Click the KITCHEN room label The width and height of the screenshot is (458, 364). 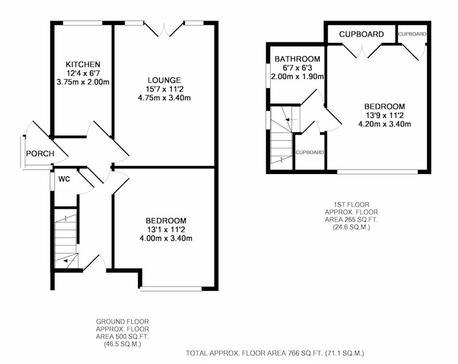click(83, 64)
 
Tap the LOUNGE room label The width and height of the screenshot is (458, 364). click(164, 80)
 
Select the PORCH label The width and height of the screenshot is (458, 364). click(40, 153)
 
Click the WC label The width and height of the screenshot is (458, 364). click(64, 179)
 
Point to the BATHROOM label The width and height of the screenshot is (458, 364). click(297, 59)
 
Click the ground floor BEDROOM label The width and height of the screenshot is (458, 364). click(166, 221)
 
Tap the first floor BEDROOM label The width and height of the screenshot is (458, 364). click(384, 106)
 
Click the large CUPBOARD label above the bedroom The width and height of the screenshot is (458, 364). click(361, 34)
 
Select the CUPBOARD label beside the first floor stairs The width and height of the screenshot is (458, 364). click(310, 152)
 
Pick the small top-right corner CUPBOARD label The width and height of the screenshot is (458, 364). click(412, 34)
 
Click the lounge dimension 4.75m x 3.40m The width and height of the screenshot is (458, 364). click(164, 98)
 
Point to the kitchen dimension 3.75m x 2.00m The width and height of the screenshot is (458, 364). click(83, 82)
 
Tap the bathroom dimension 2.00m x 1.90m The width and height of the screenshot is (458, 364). click(297, 77)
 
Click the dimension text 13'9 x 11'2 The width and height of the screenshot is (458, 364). click(384, 115)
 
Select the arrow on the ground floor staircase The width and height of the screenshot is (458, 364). click(69, 260)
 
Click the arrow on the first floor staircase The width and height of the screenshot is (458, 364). click(291, 120)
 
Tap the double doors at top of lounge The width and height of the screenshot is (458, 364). click(164, 29)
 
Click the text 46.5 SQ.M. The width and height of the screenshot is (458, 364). click(123, 344)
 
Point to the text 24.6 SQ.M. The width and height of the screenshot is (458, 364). click(352, 227)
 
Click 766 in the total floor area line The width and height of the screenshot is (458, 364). click(294, 353)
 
